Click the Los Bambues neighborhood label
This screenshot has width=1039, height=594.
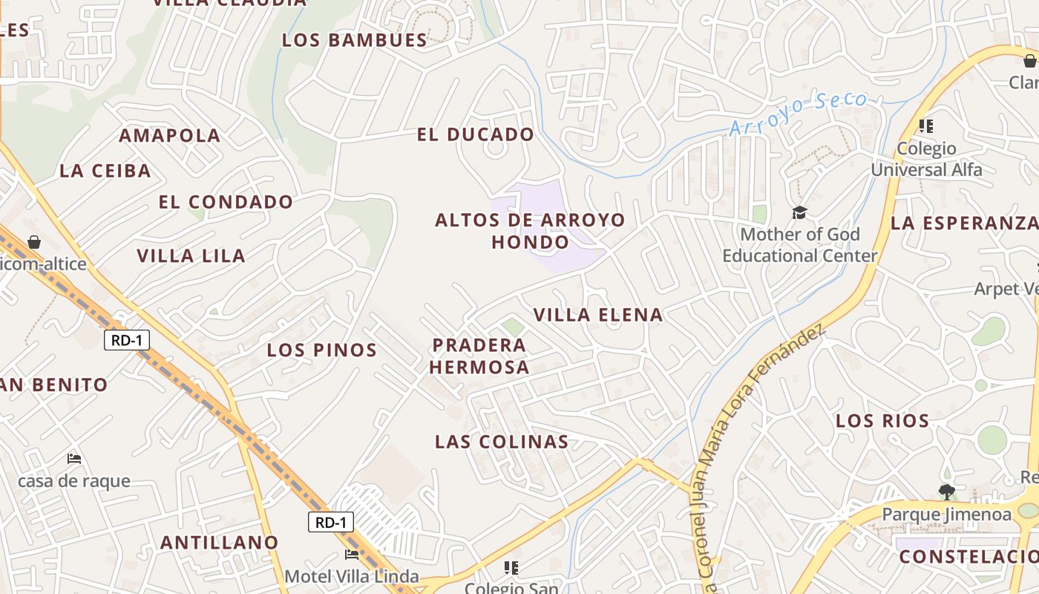click(x=354, y=40)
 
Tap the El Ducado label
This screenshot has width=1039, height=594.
click(x=475, y=134)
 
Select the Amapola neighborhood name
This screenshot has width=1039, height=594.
click(x=170, y=136)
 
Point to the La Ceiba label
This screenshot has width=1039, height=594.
click(x=105, y=171)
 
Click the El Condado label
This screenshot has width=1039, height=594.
click(x=226, y=202)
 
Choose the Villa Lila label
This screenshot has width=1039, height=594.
click(x=191, y=256)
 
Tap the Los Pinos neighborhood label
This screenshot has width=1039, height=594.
click(x=322, y=350)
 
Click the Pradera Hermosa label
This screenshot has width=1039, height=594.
click(x=479, y=356)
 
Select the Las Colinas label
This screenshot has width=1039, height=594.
click(x=502, y=442)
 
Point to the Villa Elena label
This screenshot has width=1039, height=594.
click(x=598, y=315)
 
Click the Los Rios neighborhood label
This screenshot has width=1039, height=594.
click(x=882, y=421)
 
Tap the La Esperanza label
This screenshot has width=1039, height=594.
click(x=964, y=223)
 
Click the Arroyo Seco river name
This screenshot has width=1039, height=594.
click(x=798, y=113)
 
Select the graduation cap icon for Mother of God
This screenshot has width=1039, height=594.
click(x=799, y=213)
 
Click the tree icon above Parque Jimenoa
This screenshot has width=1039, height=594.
click(x=946, y=491)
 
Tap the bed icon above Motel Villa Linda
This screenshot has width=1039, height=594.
click(x=352, y=554)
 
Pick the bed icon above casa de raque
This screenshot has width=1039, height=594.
click(x=73, y=459)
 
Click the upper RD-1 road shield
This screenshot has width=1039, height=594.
click(x=127, y=341)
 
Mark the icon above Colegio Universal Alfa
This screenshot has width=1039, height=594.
click(x=925, y=126)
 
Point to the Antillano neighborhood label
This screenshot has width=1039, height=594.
click(x=219, y=543)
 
